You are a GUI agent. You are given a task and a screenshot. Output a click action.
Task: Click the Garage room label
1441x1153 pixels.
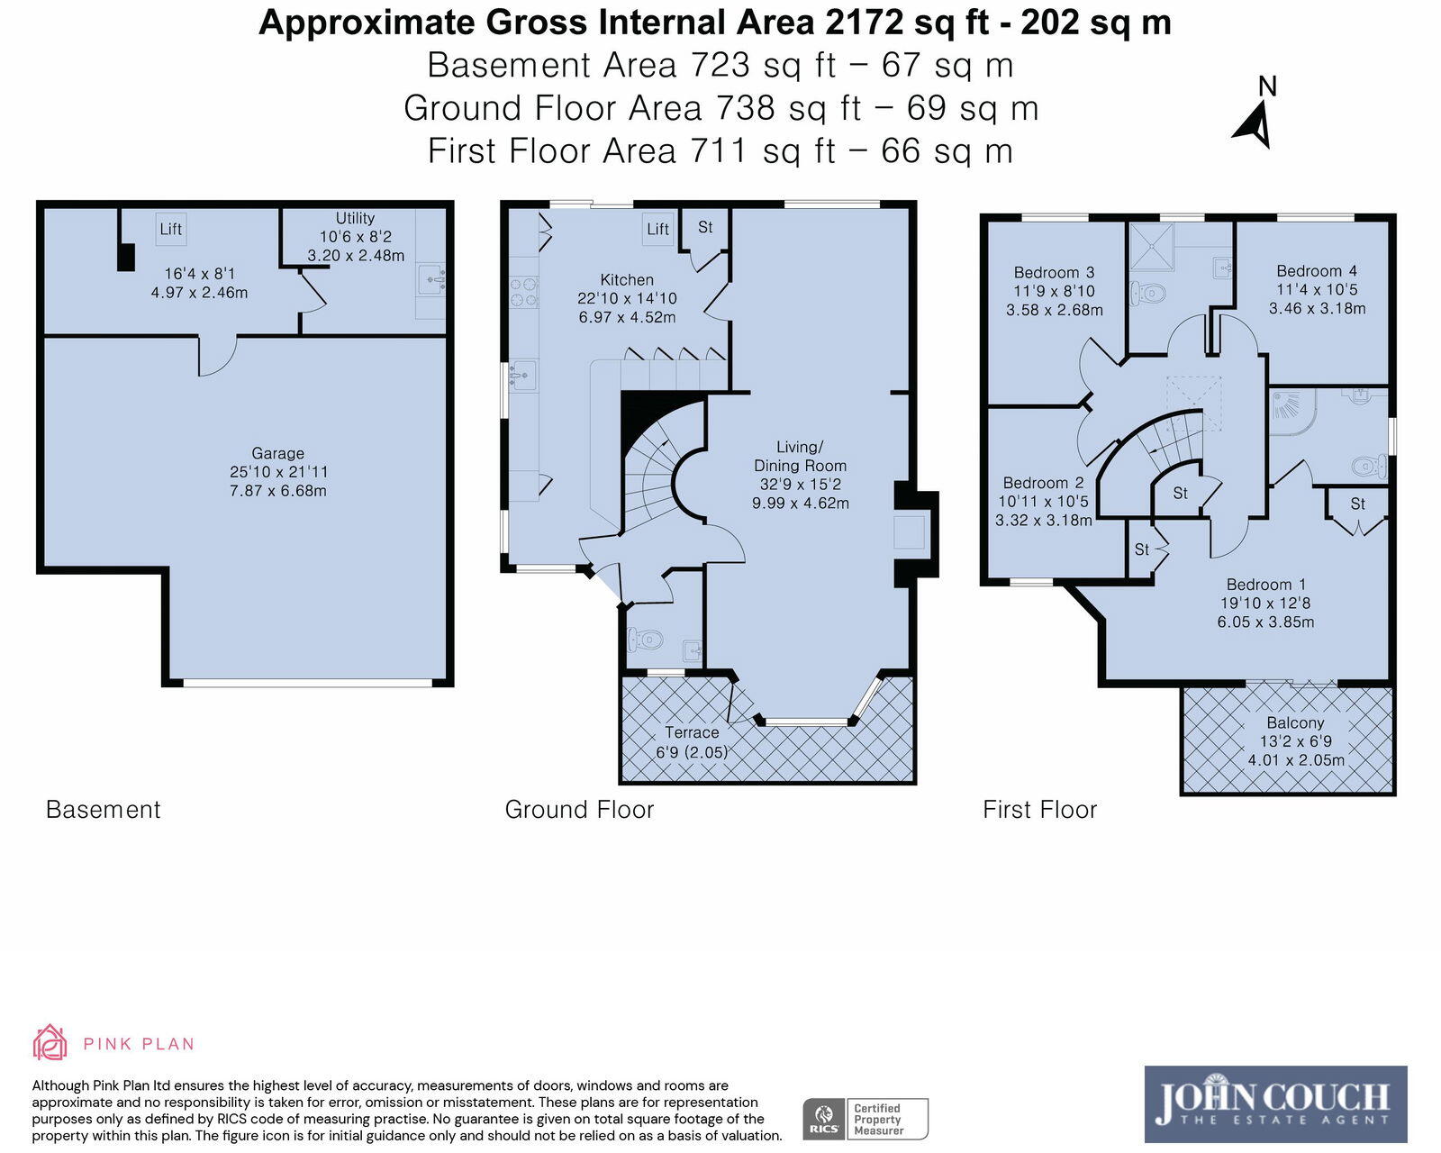(x=277, y=454)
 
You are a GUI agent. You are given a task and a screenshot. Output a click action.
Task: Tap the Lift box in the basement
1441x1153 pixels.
(x=170, y=229)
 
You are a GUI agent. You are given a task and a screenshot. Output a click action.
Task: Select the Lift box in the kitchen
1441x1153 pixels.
(x=657, y=229)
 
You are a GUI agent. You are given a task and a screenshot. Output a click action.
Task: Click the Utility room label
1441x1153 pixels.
(x=355, y=218)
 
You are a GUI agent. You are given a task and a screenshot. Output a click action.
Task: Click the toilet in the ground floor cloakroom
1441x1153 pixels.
(x=646, y=640)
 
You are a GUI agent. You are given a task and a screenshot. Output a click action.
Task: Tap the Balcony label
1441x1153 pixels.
(x=1295, y=722)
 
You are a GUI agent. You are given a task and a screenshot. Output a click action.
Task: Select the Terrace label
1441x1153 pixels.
(x=692, y=733)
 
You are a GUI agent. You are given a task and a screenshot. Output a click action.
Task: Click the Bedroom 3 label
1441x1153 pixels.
(x=1054, y=272)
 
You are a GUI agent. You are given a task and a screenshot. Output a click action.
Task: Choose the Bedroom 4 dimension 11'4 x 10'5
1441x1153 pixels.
(x=1317, y=289)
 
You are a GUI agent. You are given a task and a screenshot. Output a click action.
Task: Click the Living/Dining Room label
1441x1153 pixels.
(x=800, y=457)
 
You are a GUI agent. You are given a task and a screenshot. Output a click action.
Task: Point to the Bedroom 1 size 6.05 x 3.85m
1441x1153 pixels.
(x=1265, y=622)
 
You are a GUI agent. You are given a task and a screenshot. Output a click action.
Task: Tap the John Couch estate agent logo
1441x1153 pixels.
(x=1274, y=1103)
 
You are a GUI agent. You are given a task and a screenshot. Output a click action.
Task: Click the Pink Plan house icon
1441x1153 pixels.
(x=50, y=1043)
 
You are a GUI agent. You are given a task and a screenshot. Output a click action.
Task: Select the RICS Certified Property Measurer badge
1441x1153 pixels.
(x=865, y=1119)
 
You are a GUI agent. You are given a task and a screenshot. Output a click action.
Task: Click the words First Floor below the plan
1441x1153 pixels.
(x=1039, y=809)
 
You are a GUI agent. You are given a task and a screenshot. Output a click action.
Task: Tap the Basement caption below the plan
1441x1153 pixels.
(x=103, y=809)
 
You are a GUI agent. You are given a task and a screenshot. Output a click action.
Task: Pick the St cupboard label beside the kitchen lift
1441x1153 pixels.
(x=705, y=227)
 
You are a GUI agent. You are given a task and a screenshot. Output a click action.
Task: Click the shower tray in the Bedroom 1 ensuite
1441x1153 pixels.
(x=1292, y=410)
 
